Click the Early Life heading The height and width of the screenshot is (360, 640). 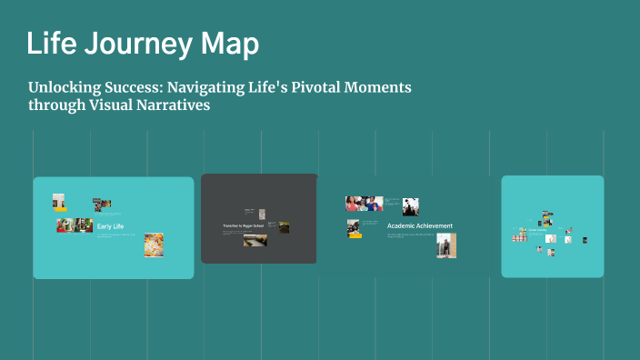tap(110, 225)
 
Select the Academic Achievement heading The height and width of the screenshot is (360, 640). tap(419, 225)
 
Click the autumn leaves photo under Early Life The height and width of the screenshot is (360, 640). tap(154, 245)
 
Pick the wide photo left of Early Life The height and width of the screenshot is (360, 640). tap(74, 225)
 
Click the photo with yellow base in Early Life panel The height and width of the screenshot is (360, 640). tap(59, 202)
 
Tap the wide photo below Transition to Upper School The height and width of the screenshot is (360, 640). tap(254, 241)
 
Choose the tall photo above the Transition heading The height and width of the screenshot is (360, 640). tap(262, 211)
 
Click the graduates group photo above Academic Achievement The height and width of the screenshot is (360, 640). tap(363, 203)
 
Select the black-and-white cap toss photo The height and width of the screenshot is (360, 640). tap(411, 206)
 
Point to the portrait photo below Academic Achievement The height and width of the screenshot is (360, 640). tap(445, 245)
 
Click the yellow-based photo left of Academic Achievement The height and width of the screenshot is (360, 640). tap(354, 228)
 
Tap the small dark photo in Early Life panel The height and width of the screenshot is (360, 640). tap(103, 205)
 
